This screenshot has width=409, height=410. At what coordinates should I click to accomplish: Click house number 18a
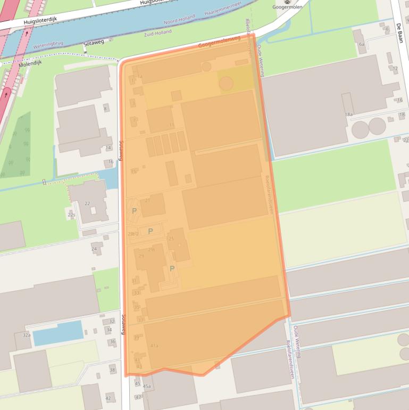349,114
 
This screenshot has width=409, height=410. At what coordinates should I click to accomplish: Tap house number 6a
361,45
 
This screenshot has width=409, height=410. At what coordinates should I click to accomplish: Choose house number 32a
27,335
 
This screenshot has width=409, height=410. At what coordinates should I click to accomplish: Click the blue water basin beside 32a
57,333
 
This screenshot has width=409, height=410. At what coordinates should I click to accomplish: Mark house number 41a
154,346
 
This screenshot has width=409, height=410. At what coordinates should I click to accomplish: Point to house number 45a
147,386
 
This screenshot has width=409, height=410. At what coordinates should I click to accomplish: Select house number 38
112,370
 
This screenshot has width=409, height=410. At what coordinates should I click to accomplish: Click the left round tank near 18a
360,128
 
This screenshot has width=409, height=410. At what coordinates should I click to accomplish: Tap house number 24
94,249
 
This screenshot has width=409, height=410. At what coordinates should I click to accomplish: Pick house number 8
105,109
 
